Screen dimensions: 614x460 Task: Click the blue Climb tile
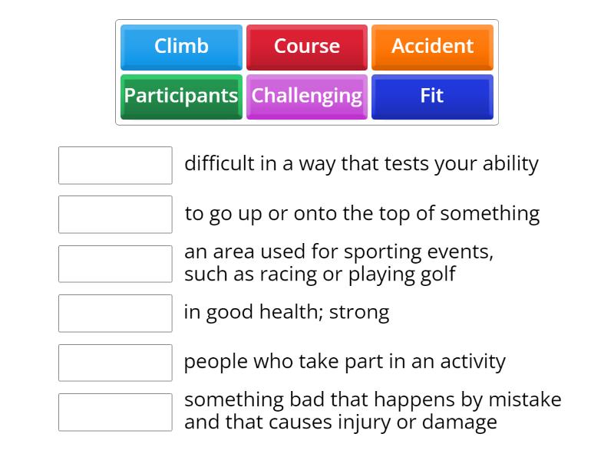[x=181, y=48]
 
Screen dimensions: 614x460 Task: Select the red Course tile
[x=307, y=48]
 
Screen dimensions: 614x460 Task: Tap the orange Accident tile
[x=432, y=48]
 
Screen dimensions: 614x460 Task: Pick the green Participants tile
[x=181, y=97]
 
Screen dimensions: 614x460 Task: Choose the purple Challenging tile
[x=307, y=97]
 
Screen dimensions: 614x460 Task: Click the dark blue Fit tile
[x=432, y=97]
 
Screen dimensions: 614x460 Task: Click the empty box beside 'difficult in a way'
[x=115, y=165]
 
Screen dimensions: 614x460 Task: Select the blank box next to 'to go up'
[x=115, y=215]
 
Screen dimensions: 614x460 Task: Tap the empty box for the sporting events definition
[x=115, y=264]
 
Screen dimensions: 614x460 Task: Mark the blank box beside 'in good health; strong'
[x=115, y=314]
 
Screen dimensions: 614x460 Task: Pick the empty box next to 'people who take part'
[x=115, y=363]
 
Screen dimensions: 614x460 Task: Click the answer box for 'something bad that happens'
[x=115, y=412]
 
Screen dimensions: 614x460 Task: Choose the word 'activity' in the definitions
[x=473, y=362]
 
